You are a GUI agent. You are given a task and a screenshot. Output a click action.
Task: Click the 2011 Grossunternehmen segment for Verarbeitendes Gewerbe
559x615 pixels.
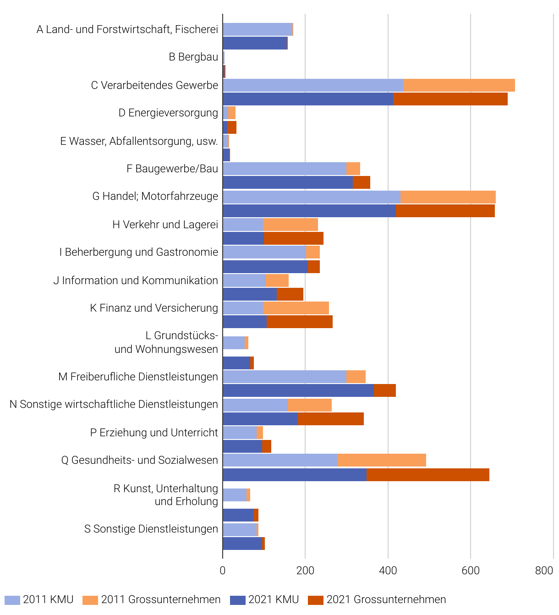pos(459,85)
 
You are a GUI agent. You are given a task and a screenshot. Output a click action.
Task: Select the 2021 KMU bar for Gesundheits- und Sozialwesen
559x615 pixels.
pos(295,475)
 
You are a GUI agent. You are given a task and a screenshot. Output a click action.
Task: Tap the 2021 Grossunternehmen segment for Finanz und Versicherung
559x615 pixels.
pos(300,322)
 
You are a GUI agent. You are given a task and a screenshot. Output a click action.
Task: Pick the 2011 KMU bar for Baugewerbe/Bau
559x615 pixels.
pos(285,169)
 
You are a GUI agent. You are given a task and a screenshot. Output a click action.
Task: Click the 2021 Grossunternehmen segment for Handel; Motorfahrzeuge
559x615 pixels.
pos(445,211)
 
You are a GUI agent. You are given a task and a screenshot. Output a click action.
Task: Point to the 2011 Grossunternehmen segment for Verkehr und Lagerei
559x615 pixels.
pos(290,225)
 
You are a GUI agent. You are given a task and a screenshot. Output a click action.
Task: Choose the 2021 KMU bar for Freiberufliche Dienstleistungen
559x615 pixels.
pos(298,390)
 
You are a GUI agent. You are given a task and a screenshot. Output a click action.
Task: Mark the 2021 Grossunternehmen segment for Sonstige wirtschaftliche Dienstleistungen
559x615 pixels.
pos(331,419)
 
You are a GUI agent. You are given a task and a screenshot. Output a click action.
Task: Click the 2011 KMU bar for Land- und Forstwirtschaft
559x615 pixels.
pos(258,29)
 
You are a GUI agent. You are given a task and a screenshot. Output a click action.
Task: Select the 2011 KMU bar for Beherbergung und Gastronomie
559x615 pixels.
pos(264,252)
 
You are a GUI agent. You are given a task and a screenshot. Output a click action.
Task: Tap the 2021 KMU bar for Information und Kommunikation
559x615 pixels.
pos(250,294)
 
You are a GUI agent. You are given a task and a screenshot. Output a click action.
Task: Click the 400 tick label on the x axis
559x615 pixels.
pos(388,571)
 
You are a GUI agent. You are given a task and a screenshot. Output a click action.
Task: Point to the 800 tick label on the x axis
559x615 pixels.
pos(544,571)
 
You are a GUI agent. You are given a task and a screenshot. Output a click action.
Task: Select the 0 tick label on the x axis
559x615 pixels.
pos(223,571)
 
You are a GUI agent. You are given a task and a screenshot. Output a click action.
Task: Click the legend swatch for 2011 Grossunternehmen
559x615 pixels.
pos(90,600)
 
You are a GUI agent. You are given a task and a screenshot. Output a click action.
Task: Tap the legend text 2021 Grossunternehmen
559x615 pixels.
pos(386,599)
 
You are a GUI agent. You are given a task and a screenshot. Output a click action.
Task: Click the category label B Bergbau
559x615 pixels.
pos(193,57)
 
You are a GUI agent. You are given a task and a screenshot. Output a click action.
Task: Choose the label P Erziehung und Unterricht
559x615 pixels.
pos(154,433)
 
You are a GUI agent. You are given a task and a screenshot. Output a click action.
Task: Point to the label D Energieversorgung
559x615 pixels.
pos(168,113)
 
